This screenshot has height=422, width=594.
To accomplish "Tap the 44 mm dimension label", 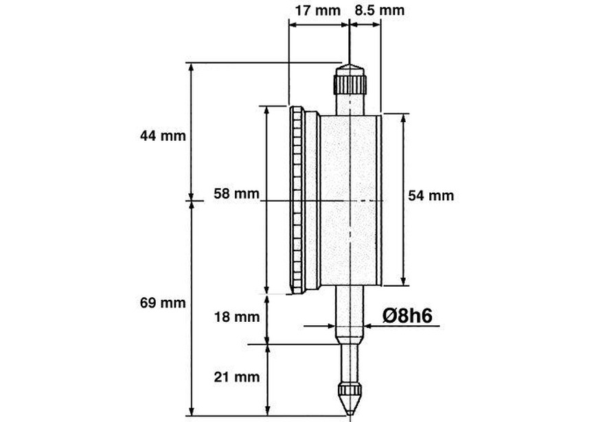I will pyautogui.click(x=163, y=135).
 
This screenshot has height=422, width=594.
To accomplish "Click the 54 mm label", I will pyautogui.click(x=431, y=196).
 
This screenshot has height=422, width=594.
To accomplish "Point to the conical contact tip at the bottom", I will pyautogui.click(x=350, y=397).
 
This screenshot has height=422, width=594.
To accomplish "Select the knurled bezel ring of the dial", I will pyautogui.click(x=297, y=200).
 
